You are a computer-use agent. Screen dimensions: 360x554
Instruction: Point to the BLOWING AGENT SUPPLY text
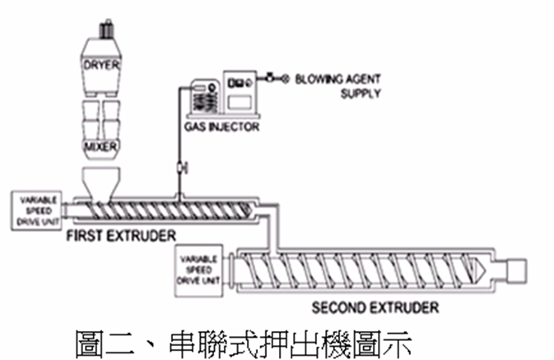pos(329,86)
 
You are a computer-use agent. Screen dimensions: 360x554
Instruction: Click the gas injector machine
pos(221,96)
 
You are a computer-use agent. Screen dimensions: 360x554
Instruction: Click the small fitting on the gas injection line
pos(181,168)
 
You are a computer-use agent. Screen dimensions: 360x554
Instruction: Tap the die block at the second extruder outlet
pos(516,269)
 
